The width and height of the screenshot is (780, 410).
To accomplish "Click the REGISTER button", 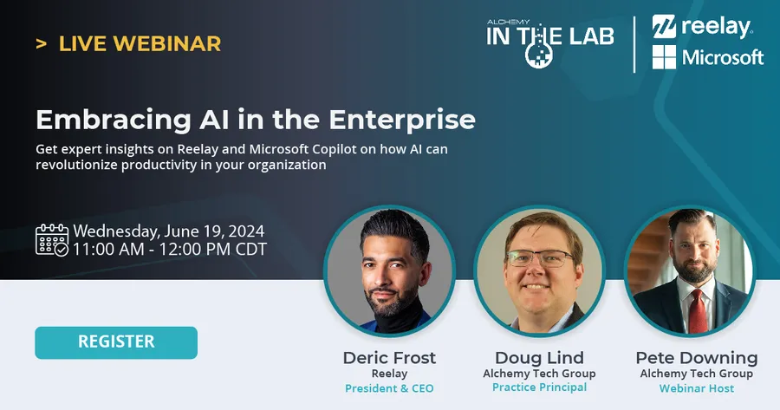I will (116, 342).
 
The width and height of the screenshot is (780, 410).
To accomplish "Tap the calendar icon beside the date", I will (51, 240).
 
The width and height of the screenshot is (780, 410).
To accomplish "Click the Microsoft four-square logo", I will (664, 58).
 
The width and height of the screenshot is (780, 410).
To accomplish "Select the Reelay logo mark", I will (665, 26).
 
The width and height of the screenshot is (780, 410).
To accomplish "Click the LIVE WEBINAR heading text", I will (140, 42).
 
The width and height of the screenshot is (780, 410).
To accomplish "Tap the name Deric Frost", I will (389, 358).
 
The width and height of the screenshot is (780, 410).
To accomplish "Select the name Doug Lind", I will (539, 358).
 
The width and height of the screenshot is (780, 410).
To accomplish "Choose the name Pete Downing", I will (696, 358).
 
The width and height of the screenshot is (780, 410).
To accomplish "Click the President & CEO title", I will (389, 387).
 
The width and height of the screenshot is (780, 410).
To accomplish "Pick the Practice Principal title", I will (539, 387).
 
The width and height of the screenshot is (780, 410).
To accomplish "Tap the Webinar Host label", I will (696, 387).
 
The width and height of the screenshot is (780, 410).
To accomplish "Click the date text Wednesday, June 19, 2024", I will (169, 231).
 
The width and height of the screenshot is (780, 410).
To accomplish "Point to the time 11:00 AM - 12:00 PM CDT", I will (170, 250).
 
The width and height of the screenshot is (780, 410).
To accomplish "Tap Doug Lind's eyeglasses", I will (540, 257).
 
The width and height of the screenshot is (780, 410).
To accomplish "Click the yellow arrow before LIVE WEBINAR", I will (41, 42).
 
